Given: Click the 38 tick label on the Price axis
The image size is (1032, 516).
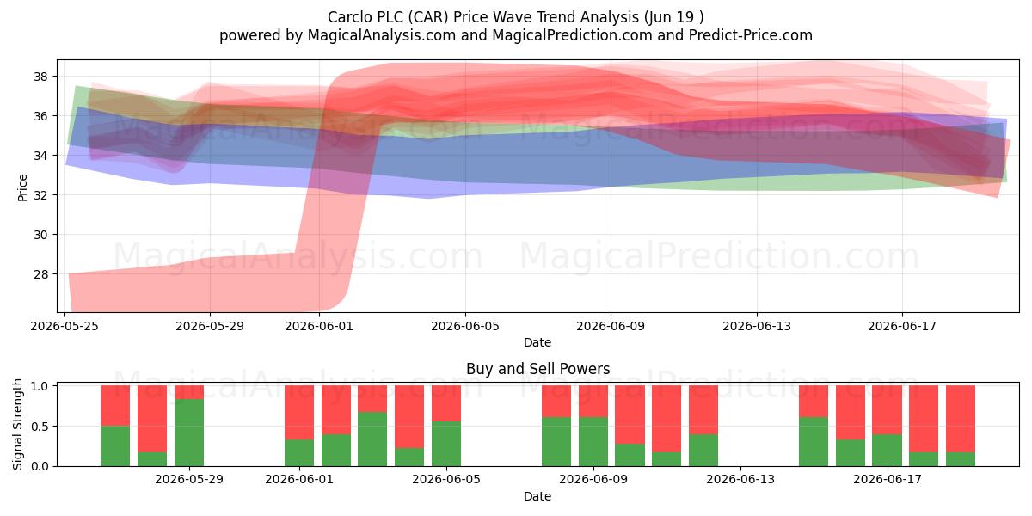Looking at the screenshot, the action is coord(41,77).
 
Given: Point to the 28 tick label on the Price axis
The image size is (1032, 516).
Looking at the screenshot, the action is coord(41,274).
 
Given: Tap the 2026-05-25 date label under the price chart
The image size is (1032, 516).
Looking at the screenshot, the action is coord(64,326).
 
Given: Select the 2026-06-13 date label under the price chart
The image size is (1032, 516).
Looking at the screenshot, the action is coord(757,326).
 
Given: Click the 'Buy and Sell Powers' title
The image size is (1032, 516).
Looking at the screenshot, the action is coord(537,369).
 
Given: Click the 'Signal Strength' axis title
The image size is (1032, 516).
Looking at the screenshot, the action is coord(17,424).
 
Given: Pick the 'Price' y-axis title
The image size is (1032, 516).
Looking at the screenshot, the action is coord(22,187).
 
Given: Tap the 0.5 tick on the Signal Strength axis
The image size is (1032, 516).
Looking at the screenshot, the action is coord(41,427).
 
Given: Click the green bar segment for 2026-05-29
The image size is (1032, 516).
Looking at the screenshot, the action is coord(189,433).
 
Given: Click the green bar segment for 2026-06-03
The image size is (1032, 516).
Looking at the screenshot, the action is coord(372,439).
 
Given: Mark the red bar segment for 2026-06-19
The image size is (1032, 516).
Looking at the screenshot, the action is coord(960,420).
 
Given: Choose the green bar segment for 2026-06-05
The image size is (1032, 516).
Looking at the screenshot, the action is coord(446,444).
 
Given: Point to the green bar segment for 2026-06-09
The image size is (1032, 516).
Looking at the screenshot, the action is coord(593,442).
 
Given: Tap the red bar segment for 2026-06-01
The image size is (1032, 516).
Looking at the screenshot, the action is coord(299,412).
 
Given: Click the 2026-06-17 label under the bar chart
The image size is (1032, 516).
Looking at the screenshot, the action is coord(888,480).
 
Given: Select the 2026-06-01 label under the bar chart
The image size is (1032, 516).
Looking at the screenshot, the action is coord(299,480).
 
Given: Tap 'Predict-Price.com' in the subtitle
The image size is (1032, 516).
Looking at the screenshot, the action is coord(751,35).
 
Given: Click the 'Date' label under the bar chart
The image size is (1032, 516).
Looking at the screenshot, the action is coord(537,496).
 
